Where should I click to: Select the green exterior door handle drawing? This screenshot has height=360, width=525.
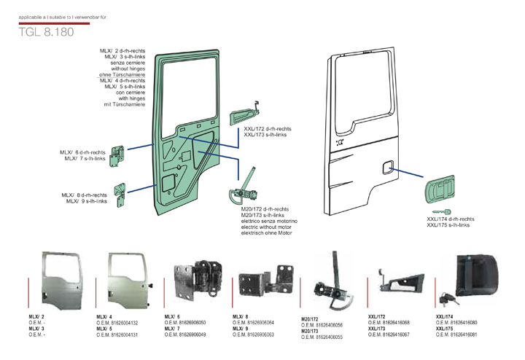441,193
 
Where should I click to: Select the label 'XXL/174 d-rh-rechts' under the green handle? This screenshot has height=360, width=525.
451,219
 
